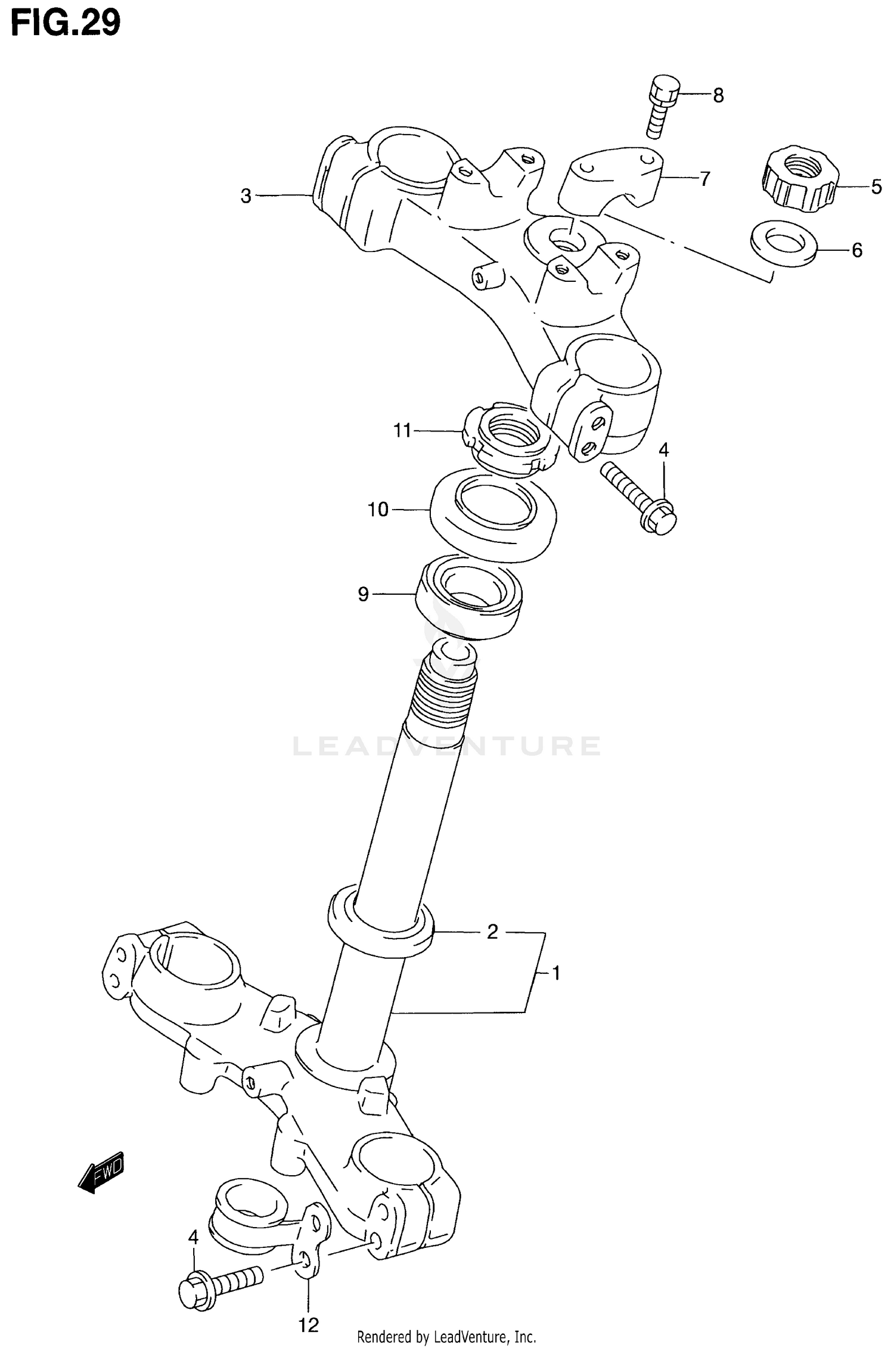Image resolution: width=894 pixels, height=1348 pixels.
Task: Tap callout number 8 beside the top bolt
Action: pos(718,95)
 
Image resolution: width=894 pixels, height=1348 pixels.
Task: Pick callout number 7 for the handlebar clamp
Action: pos(704,178)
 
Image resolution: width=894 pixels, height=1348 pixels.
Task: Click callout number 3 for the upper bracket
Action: pos(246,196)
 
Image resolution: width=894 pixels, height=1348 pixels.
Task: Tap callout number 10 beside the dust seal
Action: pos(378,510)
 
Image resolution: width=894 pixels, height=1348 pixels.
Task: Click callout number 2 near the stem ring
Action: pos(492,931)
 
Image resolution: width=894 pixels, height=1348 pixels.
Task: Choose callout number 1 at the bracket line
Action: pos(555,974)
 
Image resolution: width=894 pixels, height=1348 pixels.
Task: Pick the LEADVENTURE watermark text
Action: pos(447,746)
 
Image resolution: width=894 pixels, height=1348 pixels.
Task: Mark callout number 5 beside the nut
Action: pos(876,187)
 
